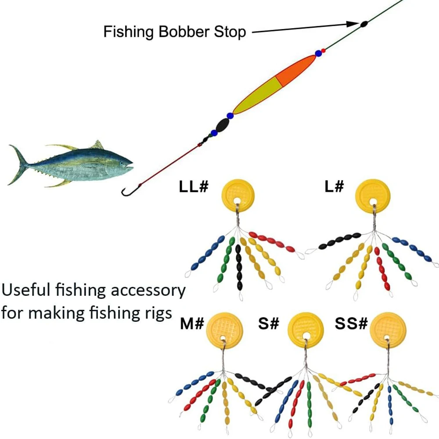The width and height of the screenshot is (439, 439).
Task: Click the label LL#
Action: [193, 186]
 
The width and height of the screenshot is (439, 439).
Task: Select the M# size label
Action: [192, 324]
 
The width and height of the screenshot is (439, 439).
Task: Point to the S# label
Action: [269, 324]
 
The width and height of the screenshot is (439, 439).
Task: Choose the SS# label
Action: [351, 324]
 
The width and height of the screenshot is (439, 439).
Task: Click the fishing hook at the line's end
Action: [127, 191]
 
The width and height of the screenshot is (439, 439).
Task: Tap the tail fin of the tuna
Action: [18, 165]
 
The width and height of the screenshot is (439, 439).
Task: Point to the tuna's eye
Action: [124, 161]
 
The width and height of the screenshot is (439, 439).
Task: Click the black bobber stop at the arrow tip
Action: [364, 24]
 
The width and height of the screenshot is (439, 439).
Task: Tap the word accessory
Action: [150, 291]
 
